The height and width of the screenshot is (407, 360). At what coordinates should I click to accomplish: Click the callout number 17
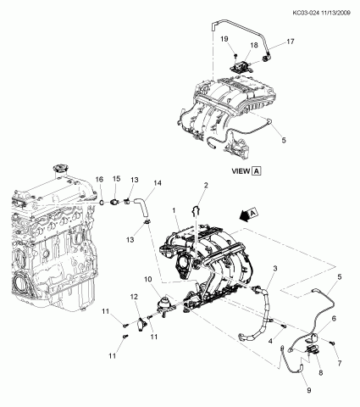[x=291, y=42]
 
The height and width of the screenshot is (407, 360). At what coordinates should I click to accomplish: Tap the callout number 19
[x=224, y=39]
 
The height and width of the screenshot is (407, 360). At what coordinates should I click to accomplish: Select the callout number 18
[x=254, y=45]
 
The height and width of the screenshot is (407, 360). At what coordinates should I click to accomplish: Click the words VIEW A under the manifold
[x=246, y=171]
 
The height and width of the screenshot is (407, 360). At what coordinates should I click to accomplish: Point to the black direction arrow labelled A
[x=248, y=215]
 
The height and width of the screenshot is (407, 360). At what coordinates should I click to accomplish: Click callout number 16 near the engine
[x=99, y=179]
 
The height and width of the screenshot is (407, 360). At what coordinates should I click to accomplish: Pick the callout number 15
[x=117, y=179]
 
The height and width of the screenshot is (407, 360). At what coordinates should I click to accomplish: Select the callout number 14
[x=158, y=183]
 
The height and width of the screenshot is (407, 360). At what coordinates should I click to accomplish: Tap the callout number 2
[x=206, y=185]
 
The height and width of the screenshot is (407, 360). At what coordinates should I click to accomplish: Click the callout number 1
[x=174, y=210]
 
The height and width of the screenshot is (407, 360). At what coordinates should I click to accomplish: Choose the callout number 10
[x=148, y=279]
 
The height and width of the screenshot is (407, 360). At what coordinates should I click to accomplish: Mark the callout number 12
[x=134, y=297]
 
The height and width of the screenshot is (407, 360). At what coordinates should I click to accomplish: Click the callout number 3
[x=275, y=268]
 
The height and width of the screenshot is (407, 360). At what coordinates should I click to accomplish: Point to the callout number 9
[x=308, y=390]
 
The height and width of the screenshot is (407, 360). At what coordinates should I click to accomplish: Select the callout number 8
[x=320, y=373]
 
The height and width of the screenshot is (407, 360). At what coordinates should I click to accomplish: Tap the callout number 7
[x=340, y=363]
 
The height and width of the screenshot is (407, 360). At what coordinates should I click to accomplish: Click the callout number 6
[x=334, y=319]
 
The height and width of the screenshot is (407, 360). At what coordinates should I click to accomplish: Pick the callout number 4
[x=270, y=342]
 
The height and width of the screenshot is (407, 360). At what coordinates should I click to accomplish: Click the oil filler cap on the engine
[x=59, y=170]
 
